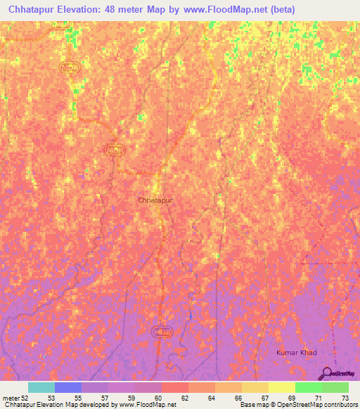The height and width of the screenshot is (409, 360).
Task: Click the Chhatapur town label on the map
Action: tap(155, 200)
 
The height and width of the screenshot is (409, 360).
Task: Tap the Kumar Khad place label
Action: tap(296, 351)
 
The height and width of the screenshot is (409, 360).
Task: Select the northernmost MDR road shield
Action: tap(70, 67)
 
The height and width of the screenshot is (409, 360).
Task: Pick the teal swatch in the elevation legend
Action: tap(41, 387)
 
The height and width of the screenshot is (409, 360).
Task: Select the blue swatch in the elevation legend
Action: tap(68, 387)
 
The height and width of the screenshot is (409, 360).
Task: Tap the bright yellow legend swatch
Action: tap(282, 387)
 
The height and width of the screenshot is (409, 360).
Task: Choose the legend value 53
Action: tap(51, 397)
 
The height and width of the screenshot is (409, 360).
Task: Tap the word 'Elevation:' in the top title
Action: tap(85, 9)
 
